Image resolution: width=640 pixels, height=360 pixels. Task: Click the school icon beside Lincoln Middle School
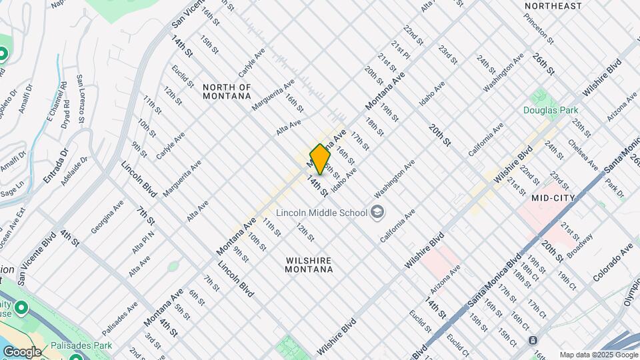pyautogui.click(x=378, y=213)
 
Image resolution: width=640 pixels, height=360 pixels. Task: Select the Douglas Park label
pyautogui.click(x=550, y=110)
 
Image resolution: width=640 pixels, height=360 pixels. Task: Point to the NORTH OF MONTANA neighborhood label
pyautogui.click(x=227, y=91)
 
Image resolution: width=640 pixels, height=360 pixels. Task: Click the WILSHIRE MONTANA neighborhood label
pyautogui.click(x=309, y=265)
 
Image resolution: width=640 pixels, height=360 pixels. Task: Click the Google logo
pyautogui.click(x=23, y=351)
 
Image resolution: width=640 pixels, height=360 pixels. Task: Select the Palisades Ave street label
pyautogui.click(x=119, y=319)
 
